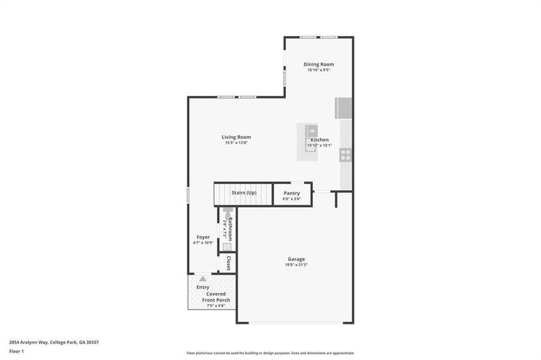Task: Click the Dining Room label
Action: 318,64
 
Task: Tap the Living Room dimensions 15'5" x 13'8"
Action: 236,143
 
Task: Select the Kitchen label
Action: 319,140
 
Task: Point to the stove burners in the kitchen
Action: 345,154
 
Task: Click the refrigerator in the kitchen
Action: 344,109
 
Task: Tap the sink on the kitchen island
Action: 312,130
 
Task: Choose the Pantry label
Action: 292,193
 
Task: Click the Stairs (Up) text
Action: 244,193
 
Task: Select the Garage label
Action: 295,259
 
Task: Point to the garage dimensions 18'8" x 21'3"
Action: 295,265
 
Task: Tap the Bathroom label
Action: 229,229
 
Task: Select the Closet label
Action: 229,263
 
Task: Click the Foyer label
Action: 203,237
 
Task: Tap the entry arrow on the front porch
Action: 203,279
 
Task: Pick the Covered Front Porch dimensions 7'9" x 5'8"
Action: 216,306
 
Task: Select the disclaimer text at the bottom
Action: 270,353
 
